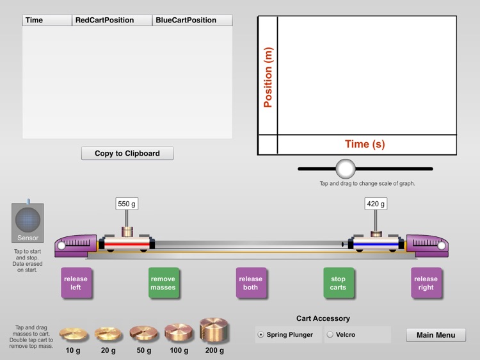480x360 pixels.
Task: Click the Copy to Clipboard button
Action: click(x=127, y=153)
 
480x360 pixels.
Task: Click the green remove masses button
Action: click(x=163, y=283)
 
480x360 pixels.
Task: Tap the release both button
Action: click(x=251, y=283)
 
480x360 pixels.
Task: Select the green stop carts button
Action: click(x=339, y=283)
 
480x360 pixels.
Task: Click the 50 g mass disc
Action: click(x=144, y=333)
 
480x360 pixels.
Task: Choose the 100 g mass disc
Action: click(x=180, y=332)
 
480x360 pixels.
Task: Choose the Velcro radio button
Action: click(x=330, y=334)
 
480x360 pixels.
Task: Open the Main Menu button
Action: click(x=436, y=335)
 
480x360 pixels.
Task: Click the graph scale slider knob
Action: click(x=346, y=169)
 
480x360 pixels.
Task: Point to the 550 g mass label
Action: click(x=127, y=204)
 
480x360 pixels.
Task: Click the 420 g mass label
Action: click(x=375, y=204)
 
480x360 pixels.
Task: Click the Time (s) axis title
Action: click(x=365, y=144)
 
